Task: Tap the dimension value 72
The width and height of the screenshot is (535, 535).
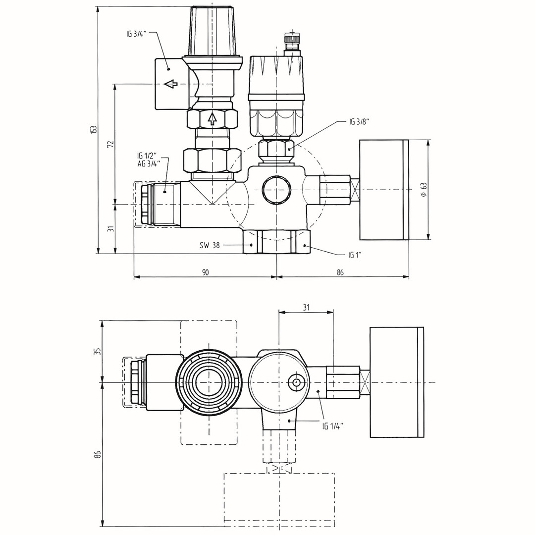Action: [x=111, y=144]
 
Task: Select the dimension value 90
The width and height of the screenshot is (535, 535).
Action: [x=205, y=272]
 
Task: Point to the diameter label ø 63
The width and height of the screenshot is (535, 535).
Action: [x=423, y=189]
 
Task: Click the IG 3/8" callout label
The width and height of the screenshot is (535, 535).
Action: [x=359, y=122]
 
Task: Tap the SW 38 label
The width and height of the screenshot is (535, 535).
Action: [x=210, y=245]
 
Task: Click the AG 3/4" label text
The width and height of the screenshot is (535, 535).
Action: [x=149, y=164]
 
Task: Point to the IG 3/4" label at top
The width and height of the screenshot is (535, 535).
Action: [x=135, y=34]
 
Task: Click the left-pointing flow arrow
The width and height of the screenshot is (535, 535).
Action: [x=171, y=84]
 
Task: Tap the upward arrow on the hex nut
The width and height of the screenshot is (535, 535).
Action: [x=212, y=118]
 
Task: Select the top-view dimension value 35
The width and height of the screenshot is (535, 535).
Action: [x=98, y=351]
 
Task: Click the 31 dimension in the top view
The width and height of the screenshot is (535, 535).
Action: [x=306, y=307]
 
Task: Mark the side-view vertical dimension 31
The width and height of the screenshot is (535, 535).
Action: [x=111, y=228]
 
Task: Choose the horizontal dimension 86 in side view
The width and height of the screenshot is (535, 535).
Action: [x=340, y=272]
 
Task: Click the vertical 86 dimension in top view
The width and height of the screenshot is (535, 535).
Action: [x=98, y=454]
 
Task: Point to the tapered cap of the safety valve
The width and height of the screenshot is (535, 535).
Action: [x=212, y=30]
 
